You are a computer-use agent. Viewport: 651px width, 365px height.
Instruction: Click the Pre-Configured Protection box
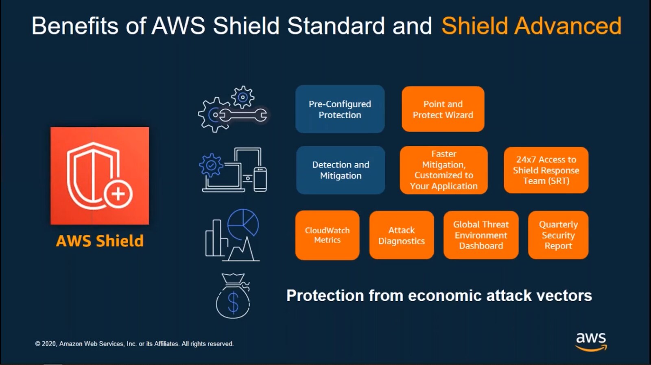(340, 109)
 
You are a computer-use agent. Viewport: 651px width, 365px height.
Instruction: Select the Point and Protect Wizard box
(443, 109)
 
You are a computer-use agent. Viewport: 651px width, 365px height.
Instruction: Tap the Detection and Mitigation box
(341, 170)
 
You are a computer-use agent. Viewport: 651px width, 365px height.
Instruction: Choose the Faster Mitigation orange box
(443, 170)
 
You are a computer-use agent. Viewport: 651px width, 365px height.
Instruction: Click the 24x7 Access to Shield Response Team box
(546, 170)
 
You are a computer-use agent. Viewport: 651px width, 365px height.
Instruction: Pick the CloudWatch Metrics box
(327, 235)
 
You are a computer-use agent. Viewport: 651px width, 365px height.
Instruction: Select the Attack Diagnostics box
(401, 235)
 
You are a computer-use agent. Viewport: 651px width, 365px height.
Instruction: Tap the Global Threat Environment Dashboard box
(481, 235)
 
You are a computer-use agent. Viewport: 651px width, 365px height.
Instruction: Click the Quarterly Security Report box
(558, 235)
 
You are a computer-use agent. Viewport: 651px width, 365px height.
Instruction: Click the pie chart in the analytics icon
(243, 223)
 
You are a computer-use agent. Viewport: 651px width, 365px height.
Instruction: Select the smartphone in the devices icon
(260, 179)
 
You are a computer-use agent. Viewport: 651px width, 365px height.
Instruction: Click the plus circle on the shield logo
(118, 194)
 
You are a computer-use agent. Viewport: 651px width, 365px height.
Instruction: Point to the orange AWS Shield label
(100, 241)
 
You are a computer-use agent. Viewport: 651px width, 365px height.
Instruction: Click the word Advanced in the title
(568, 26)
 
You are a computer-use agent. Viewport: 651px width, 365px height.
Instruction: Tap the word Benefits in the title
(75, 26)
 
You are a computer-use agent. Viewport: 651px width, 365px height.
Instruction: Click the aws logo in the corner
(591, 341)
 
